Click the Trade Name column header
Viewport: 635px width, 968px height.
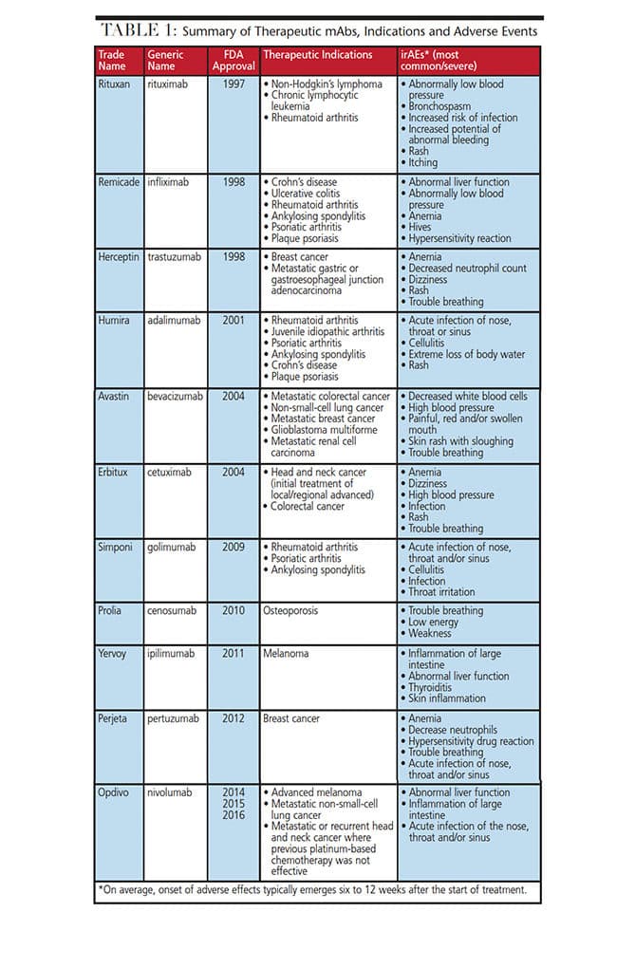[112, 60]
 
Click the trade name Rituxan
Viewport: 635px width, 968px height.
[116, 84]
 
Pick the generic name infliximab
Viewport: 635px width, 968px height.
[172, 181]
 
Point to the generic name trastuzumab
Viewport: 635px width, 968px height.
[175, 256]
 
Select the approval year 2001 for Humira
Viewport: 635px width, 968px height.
[233, 320]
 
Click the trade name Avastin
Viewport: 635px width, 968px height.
[116, 396]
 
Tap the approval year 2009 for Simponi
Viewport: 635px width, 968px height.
[233, 547]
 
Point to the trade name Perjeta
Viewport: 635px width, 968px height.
[115, 718]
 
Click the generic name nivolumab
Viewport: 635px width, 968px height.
[173, 792]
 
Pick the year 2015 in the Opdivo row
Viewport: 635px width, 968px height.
[233, 804]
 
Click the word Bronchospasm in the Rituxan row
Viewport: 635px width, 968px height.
[447, 106]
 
